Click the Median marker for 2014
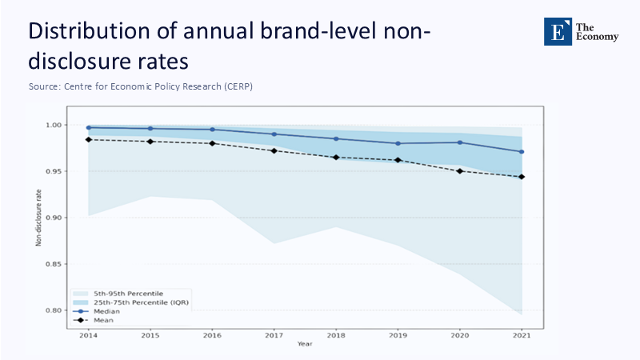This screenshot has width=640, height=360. click(88, 127)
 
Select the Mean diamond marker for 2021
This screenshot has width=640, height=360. click(522, 177)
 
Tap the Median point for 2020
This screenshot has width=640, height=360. click(460, 142)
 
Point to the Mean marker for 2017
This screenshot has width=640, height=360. click(274, 150)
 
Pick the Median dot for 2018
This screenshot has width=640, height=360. click(336, 138)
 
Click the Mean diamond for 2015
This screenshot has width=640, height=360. click(150, 142)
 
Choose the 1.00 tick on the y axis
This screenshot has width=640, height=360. click(53, 125)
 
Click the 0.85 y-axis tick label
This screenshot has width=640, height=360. click(53, 264)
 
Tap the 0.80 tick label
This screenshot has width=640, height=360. click(53, 310)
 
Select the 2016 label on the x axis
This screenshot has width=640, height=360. click(212, 335)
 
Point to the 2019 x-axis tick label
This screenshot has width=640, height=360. click(398, 335)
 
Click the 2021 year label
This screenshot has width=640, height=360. click(522, 335)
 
